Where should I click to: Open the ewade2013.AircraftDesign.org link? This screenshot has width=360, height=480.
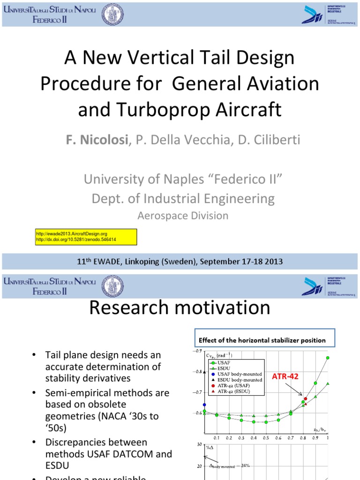click(x=72, y=233)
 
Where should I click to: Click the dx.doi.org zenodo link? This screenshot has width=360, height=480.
click(x=75, y=240)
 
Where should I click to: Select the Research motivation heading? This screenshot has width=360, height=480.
click(x=180, y=308)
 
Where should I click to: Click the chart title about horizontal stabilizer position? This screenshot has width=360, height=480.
click(x=262, y=340)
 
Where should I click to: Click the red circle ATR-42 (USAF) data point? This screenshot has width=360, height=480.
click(x=306, y=398)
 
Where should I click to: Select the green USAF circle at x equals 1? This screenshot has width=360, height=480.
click(x=328, y=358)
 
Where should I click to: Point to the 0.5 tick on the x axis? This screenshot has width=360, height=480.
click(x=266, y=437)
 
